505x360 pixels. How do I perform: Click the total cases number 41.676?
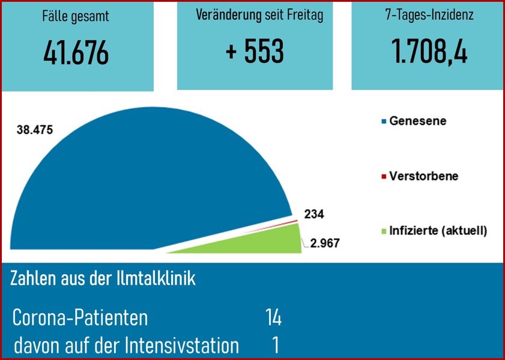pyautogui.click(x=76, y=53)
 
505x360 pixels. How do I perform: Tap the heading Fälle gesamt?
pyautogui.click(x=76, y=17)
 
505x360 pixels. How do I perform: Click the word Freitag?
pyautogui.click(x=303, y=16)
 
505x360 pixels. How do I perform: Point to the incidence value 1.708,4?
pyautogui.click(x=429, y=52)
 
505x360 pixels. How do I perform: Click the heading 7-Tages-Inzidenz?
pyautogui.click(x=430, y=16)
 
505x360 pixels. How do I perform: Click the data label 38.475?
pyautogui.click(x=36, y=129)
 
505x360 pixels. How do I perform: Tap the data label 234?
pyautogui.click(x=314, y=214)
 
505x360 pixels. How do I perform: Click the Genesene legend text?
pyautogui.click(x=417, y=121)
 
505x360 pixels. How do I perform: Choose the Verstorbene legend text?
pyautogui.click(x=423, y=176)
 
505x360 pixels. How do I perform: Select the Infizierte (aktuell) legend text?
pyautogui.click(x=438, y=230)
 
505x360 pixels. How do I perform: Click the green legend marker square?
pyautogui.click(x=384, y=231)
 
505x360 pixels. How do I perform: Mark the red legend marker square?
pyautogui.click(x=384, y=177)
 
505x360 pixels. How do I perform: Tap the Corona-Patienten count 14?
pyautogui.click(x=273, y=317)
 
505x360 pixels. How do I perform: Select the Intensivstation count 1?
pyautogui.click(x=275, y=346)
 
